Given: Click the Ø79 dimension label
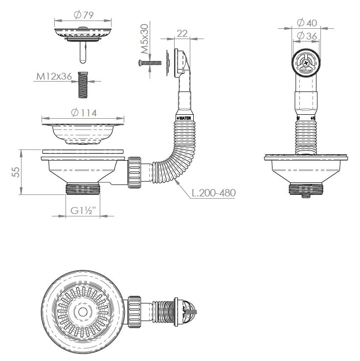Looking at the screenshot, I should tap(82, 14).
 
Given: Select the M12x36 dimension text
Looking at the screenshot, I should tap(54, 76).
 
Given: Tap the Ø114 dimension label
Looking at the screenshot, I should tap(84, 112).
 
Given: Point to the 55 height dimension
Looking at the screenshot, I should tap(16, 172).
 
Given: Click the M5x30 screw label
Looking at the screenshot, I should tap(145, 40).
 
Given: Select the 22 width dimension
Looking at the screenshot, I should tap(182, 33).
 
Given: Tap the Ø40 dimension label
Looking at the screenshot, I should tap(307, 22).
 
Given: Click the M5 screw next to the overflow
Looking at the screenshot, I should tap(150, 63).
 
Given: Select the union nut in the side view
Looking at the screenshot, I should tap(135, 172).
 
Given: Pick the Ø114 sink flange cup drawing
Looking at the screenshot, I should tap(83, 132).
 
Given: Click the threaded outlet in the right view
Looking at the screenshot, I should tap(306, 189).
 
